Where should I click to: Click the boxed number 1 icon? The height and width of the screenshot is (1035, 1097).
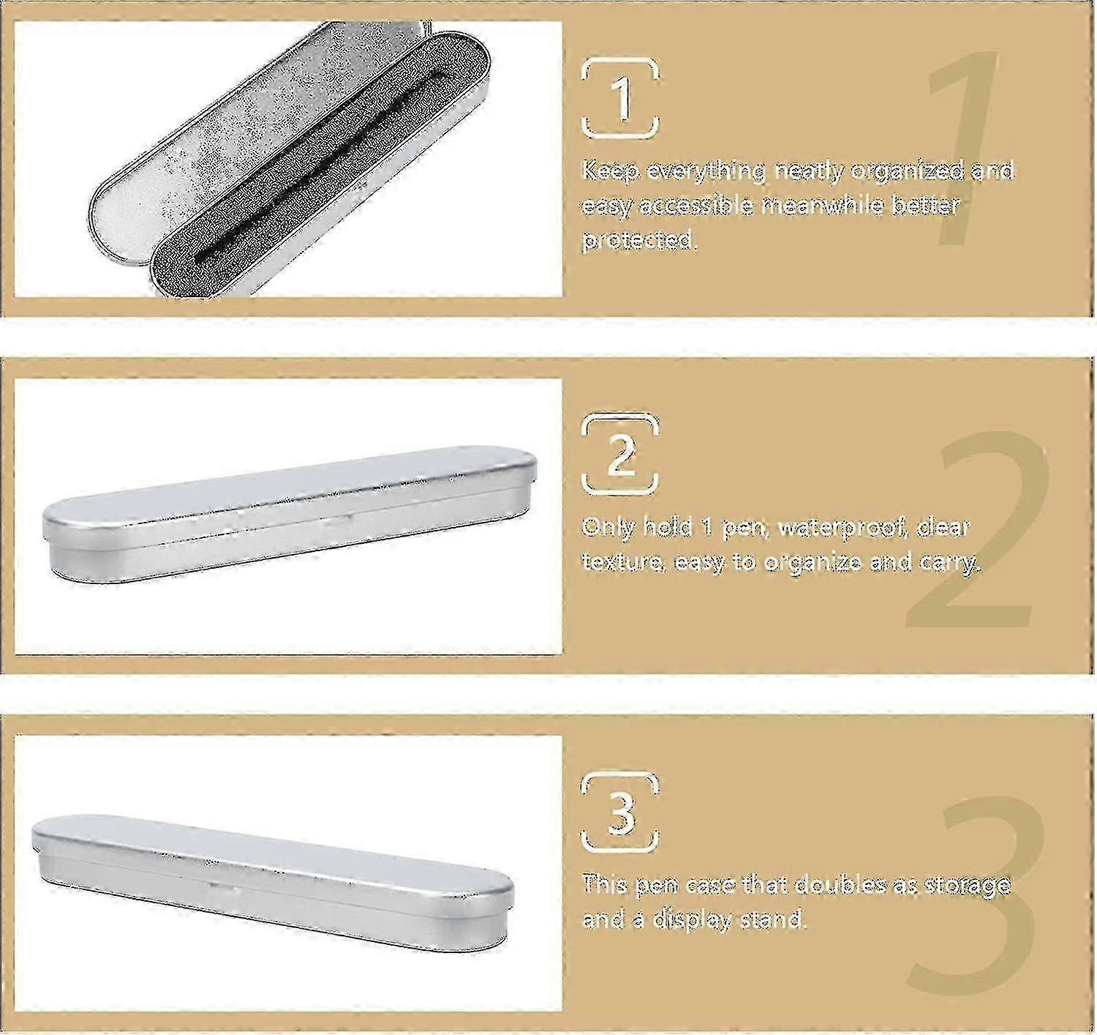620,98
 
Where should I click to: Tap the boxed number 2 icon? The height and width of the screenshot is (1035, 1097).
620,454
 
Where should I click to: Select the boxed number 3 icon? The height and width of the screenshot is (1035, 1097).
620,812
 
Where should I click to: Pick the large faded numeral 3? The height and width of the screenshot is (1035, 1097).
976,897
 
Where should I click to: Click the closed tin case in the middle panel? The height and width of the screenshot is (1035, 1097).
289,512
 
